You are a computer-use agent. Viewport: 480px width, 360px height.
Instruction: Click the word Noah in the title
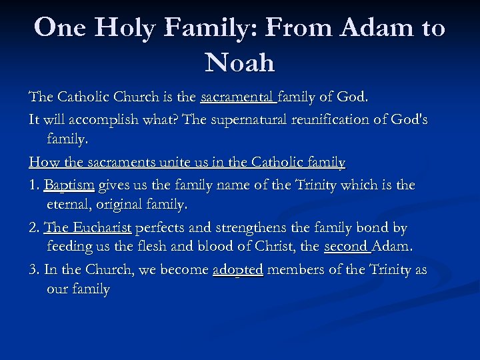pos(240,63)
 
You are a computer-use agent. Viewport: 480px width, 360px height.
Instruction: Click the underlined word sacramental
pos(238,97)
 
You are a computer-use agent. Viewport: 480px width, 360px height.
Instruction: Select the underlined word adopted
pos(238,271)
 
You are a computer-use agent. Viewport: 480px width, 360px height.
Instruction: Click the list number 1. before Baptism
pos(34,185)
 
